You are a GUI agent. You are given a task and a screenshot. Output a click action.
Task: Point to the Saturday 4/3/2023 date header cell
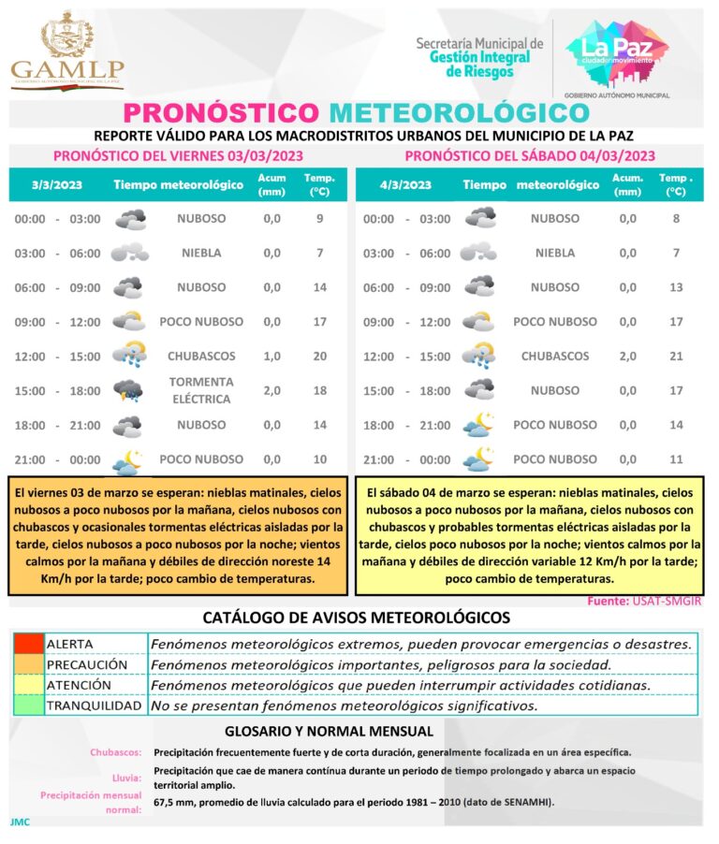click(405, 184)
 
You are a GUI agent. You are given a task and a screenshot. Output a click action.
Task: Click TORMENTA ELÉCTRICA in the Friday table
click(201, 390)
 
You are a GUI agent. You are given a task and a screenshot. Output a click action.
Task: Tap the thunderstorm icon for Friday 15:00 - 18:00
click(127, 390)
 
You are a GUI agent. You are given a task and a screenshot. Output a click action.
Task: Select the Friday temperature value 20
click(319, 356)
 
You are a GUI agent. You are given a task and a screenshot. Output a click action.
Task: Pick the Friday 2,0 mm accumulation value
click(271, 390)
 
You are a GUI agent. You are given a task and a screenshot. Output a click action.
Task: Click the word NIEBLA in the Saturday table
click(555, 253)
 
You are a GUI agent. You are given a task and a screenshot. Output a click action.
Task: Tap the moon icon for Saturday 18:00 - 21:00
click(478, 425)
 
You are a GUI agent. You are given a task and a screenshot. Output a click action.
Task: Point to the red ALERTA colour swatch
click(28, 644)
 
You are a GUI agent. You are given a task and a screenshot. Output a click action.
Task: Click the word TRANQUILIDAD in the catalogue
click(94, 706)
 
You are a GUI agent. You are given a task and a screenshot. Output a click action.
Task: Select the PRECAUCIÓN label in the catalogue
click(86, 664)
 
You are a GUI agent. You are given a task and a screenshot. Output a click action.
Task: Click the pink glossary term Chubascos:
click(116, 752)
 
